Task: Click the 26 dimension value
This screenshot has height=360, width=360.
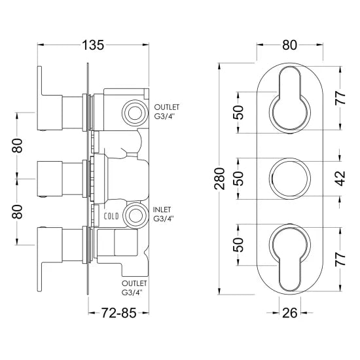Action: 290,312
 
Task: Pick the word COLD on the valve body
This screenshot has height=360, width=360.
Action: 111,214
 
